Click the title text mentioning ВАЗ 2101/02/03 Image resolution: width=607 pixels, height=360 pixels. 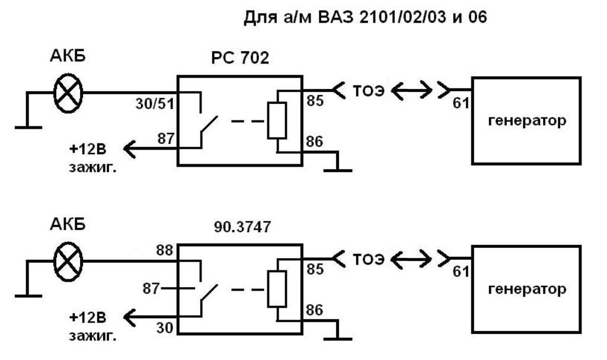pos(365,18)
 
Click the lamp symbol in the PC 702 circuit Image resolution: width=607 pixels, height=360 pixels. pos(69,93)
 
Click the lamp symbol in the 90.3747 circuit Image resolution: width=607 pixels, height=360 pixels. pos(69,260)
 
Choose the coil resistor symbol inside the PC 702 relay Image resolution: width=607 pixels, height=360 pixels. pos(277,121)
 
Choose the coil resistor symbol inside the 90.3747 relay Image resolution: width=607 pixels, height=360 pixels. pos(276,290)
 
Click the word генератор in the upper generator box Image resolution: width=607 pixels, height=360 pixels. pos(526,120)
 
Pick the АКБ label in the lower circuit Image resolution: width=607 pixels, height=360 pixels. pos(68,225)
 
